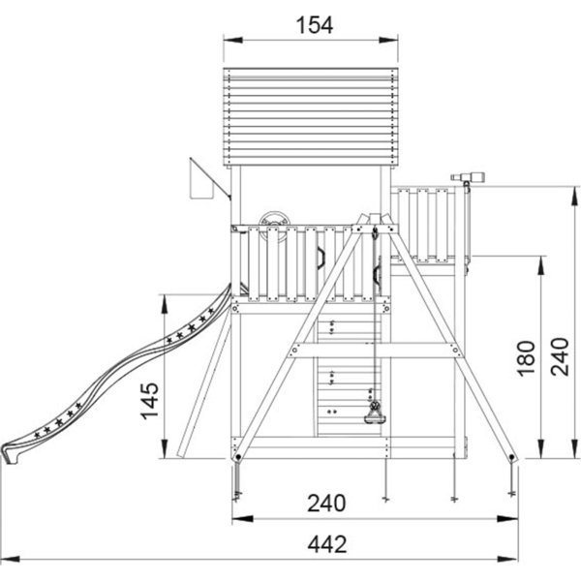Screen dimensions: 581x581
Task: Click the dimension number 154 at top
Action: (314, 25)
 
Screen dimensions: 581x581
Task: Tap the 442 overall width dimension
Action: (327, 544)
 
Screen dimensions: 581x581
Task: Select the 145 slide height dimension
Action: (150, 401)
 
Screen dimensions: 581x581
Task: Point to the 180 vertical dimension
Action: (527, 358)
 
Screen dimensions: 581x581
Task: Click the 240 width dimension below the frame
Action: (327, 504)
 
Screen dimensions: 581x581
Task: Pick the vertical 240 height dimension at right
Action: (560, 356)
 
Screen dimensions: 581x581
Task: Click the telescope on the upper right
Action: (466, 178)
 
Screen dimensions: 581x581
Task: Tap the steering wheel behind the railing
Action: (275, 226)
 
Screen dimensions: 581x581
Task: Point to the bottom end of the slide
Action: (10, 454)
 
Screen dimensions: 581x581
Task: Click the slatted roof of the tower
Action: (311, 117)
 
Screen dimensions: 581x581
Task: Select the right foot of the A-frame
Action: (512, 457)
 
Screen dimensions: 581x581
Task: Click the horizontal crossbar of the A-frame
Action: (375, 351)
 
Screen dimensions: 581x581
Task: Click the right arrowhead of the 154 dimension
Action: (388, 40)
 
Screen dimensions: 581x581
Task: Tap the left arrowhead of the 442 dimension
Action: (10, 559)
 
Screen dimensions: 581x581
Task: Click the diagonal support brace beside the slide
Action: (204, 385)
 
